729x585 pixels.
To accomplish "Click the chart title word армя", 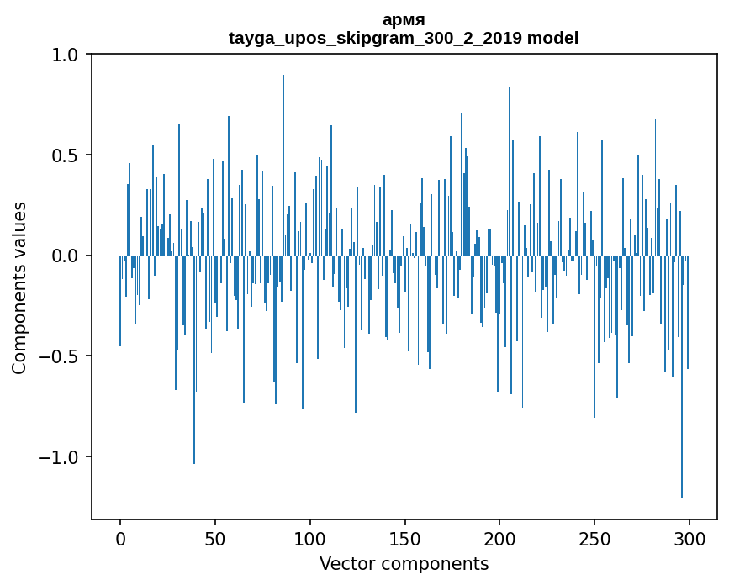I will tap(404, 19).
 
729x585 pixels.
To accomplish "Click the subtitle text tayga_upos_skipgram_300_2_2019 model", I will tap(404, 38).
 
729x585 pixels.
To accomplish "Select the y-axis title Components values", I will tap(19, 287).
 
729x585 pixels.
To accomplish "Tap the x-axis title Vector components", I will tap(404, 564).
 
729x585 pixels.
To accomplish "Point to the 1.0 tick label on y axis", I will tap(65, 55).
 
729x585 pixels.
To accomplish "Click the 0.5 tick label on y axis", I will tap(65, 155).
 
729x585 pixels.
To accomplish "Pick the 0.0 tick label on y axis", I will tap(65, 256).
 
